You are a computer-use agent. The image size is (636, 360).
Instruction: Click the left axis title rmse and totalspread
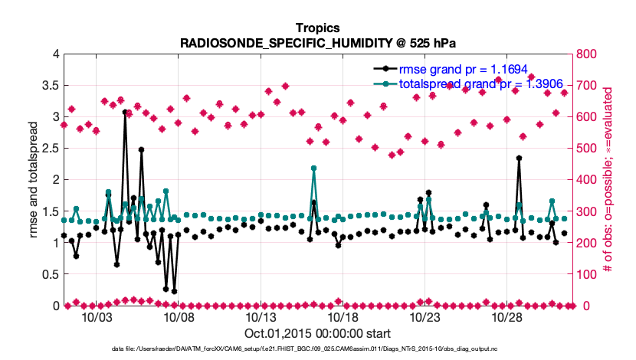coord(34,180)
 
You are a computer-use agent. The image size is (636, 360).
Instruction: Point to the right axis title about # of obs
coord(605,180)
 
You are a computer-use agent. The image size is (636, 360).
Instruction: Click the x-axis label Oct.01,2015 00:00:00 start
coord(318,333)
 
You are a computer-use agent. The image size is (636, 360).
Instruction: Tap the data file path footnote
coord(318,349)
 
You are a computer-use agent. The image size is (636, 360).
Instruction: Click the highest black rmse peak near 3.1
coord(125,112)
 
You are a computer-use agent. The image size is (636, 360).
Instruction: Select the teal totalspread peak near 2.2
coord(313,168)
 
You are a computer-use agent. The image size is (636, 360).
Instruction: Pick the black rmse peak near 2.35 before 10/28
coord(519,158)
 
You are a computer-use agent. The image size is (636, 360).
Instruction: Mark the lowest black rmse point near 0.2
coord(174,291)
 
